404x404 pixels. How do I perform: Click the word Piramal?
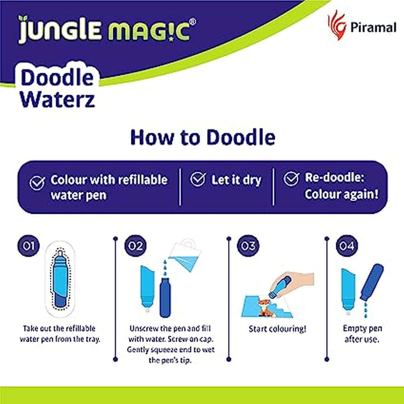click(x=373, y=27)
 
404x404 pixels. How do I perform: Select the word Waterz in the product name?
click(x=58, y=99)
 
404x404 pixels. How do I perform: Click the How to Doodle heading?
click(x=203, y=137)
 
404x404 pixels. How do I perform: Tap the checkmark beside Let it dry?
click(x=198, y=179)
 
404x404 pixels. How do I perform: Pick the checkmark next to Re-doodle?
click(x=291, y=178)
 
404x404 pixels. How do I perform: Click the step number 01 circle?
click(x=29, y=246)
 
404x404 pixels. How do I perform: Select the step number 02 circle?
click(x=135, y=246)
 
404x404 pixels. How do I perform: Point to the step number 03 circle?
click(x=248, y=246)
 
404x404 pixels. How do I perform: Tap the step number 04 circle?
click(x=347, y=246)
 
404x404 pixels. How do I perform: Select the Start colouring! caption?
click(x=277, y=329)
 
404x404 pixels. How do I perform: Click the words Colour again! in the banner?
click(x=341, y=194)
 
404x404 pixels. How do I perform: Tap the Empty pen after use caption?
click(x=362, y=334)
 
